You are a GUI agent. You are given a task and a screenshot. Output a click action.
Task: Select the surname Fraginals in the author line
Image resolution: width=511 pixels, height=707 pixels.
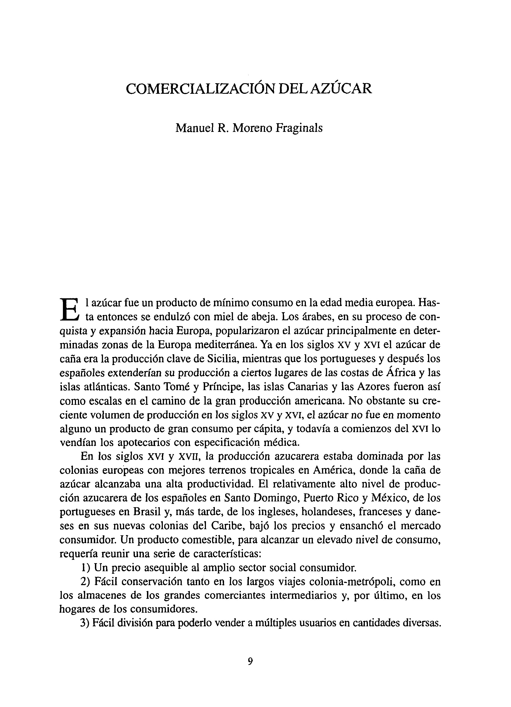(x=298, y=128)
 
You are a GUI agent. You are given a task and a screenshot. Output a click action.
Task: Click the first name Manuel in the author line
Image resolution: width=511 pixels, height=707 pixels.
(x=194, y=128)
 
